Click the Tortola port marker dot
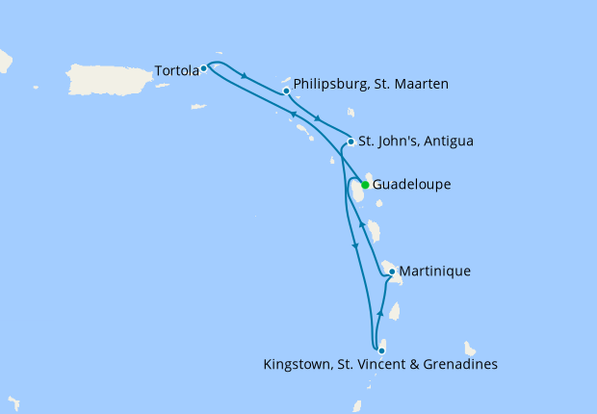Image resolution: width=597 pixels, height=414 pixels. pyautogui.click(x=204, y=68)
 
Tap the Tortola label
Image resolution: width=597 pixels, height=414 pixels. pyautogui.click(x=176, y=70)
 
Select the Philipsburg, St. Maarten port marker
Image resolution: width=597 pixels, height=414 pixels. pyautogui.click(x=287, y=91)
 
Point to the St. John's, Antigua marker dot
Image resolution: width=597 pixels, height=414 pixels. pyautogui.click(x=350, y=142)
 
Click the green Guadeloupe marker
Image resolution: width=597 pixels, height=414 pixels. pyautogui.click(x=365, y=185)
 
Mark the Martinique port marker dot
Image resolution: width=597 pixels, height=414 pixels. pyautogui.click(x=392, y=272)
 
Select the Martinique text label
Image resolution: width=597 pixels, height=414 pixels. pyautogui.click(x=434, y=272)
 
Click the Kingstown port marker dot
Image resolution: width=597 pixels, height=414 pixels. pyautogui.click(x=382, y=350)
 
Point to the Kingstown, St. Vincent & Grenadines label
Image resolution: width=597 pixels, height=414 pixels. pyautogui.click(x=380, y=365)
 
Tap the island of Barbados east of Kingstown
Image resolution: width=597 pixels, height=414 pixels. pyautogui.click(x=470, y=349)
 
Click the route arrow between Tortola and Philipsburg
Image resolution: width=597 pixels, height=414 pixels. pyautogui.click(x=246, y=76)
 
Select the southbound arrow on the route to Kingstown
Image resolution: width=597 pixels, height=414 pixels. pyautogui.click(x=355, y=246)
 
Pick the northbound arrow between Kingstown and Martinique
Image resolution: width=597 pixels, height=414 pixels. pyautogui.click(x=380, y=314)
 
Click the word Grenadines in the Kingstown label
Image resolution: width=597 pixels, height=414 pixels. pyautogui.click(x=461, y=365)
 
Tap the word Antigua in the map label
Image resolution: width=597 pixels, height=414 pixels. pyautogui.click(x=446, y=142)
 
